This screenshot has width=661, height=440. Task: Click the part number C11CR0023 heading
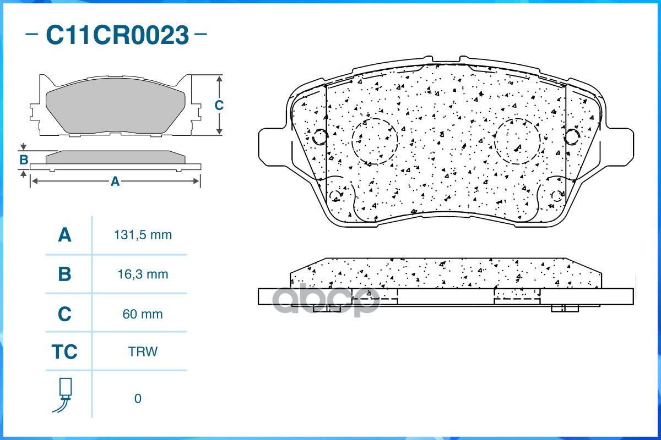pyautogui.click(x=117, y=35)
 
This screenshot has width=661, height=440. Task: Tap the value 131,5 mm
pyautogui.click(x=143, y=235)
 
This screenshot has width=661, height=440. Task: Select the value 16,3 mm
pyautogui.click(x=143, y=274)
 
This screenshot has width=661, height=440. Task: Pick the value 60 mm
pyautogui.click(x=143, y=314)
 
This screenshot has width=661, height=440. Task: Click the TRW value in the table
pyautogui.click(x=143, y=351)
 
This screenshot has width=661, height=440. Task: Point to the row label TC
pyautogui.click(x=64, y=351)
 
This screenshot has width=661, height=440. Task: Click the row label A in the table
pyautogui.click(x=64, y=235)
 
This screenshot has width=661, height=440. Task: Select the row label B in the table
pyautogui.click(x=64, y=274)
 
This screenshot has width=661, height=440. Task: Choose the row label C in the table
pyautogui.click(x=64, y=314)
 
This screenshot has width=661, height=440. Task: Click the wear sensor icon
pyautogui.click(x=64, y=395)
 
